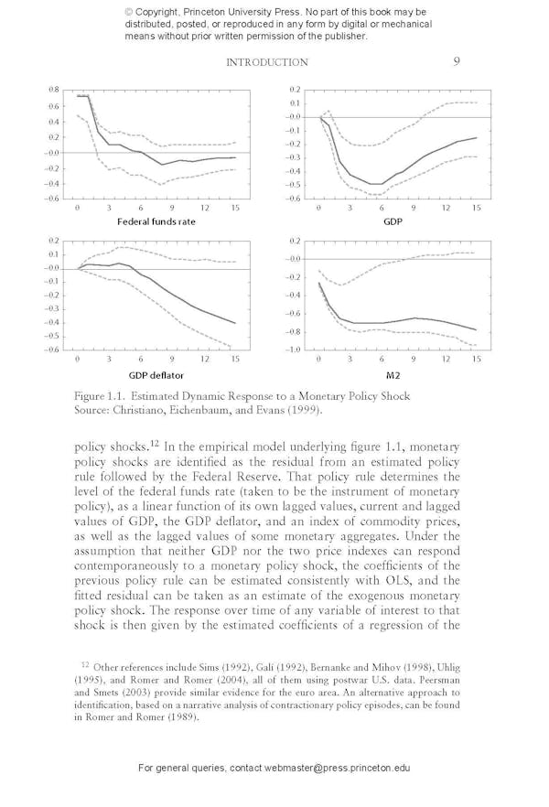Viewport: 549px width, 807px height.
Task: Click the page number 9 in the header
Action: [x=456, y=62]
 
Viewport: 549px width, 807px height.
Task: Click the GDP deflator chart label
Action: [x=157, y=374]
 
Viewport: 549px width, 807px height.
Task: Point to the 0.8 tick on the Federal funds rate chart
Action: [x=54, y=90]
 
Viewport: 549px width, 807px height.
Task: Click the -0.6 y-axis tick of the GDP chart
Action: [x=293, y=199]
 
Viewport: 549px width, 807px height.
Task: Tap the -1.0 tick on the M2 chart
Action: [x=293, y=350]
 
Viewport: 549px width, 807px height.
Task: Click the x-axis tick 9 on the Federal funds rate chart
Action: [x=171, y=209]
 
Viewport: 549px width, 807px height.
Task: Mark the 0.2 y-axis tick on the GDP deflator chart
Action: [x=54, y=242]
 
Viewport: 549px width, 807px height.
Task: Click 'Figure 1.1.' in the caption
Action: [x=100, y=396]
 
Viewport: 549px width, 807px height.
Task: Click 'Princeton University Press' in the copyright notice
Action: [x=253, y=11]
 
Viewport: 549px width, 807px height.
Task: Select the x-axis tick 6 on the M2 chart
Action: [x=382, y=360]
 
